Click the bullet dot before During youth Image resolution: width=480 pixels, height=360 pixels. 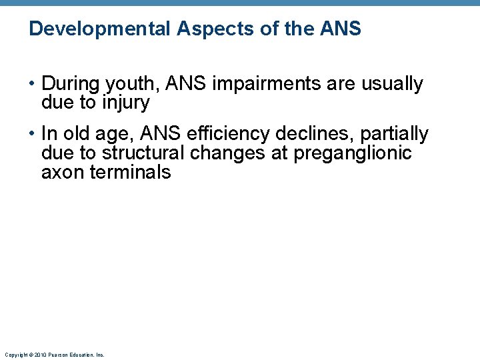click(x=32, y=85)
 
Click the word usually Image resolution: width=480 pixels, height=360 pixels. click(x=392, y=85)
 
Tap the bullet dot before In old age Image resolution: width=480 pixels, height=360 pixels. click(x=32, y=135)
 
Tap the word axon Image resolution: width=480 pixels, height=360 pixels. click(x=61, y=173)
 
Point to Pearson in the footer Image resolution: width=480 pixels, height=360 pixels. click(x=57, y=355)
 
